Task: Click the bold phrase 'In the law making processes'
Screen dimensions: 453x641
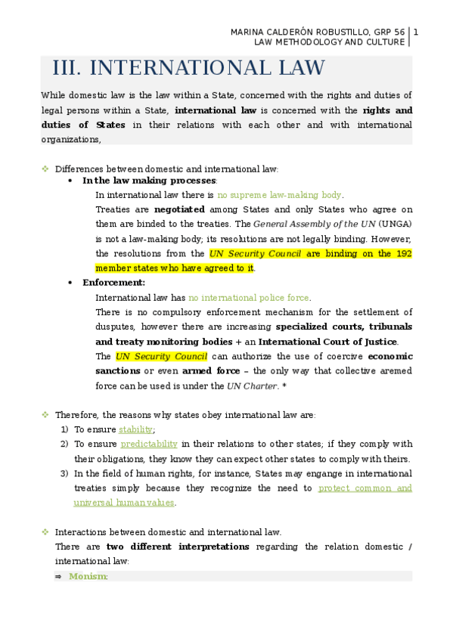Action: click(149, 181)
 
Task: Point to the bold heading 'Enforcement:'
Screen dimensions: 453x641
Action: click(113, 282)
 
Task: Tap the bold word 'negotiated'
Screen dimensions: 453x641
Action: click(179, 209)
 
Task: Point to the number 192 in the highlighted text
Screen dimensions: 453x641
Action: click(404, 254)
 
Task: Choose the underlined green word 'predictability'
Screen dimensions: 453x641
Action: click(149, 444)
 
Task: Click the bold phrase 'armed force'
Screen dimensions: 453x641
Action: click(207, 371)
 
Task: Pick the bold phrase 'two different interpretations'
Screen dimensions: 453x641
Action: click(178, 547)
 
